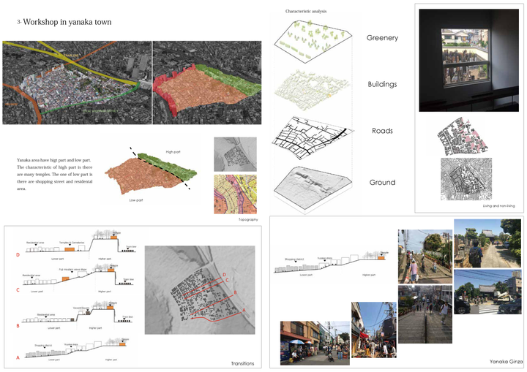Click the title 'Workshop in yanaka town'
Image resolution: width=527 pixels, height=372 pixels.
[67, 22]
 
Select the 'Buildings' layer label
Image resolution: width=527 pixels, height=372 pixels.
[382, 84]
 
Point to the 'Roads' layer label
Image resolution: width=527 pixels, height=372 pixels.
[382, 132]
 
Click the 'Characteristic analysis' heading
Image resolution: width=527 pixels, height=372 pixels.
[307, 12]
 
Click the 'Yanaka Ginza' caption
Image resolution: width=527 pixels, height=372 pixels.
[504, 361]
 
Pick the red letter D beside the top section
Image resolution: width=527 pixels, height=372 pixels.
[18, 256]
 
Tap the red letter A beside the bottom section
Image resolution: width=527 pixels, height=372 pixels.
[18, 357]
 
